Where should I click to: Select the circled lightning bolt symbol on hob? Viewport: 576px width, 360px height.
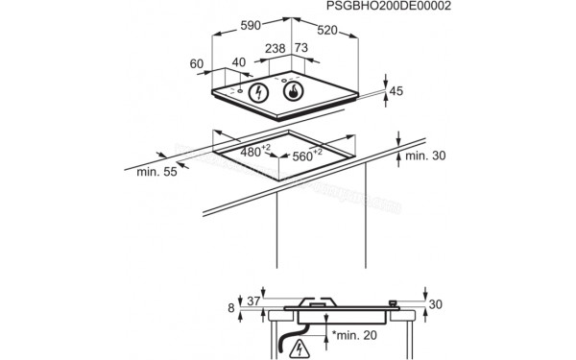[258, 93]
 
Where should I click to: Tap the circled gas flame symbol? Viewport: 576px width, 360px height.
[292, 93]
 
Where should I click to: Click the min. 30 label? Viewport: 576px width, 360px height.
[427, 156]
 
